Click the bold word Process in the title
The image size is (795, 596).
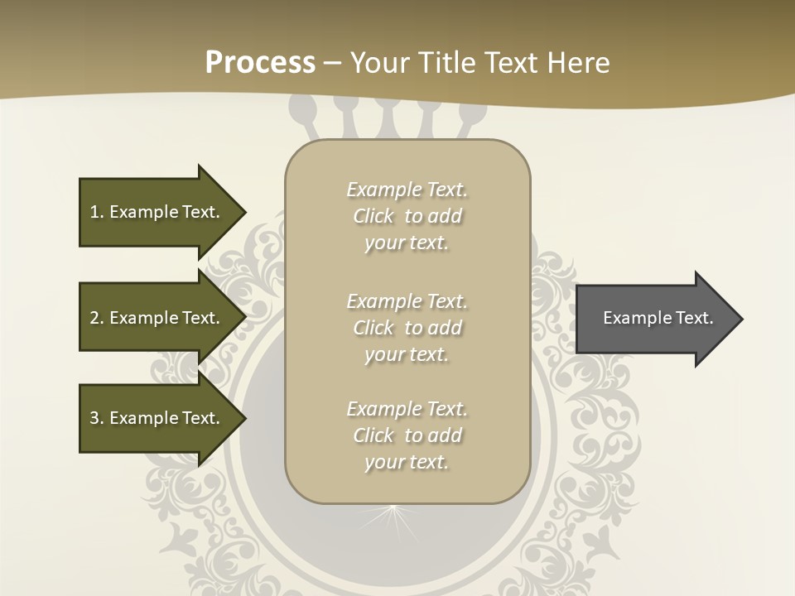(x=260, y=63)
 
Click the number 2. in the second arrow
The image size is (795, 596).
(x=97, y=318)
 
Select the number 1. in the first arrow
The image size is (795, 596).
(x=97, y=212)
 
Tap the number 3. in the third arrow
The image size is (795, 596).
(x=97, y=418)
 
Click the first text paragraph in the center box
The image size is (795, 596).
(x=407, y=216)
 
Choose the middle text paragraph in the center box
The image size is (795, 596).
(x=407, y=328)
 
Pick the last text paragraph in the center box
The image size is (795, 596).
(x=407, y=435)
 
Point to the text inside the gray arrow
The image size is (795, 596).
(x=658, y=318)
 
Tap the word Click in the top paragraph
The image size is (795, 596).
(x=373, y=217)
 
